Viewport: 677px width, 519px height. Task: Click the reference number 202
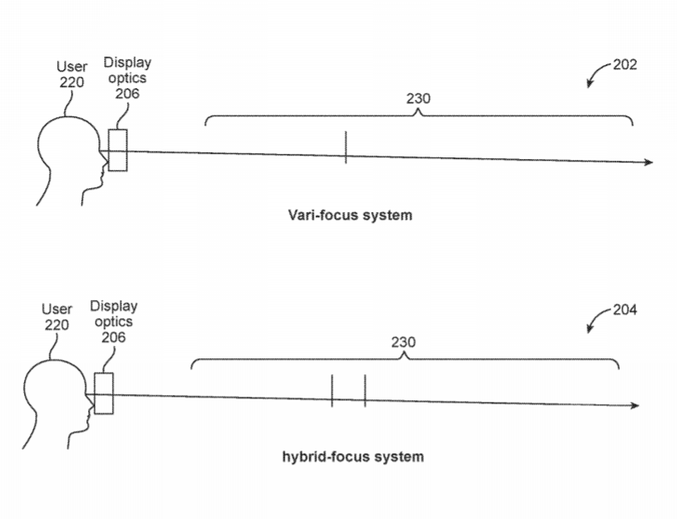(625, 65)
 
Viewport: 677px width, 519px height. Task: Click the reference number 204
(625, 310)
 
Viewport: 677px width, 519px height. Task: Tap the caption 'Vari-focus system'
(349, 215)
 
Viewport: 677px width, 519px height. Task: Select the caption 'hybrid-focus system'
(352, 457)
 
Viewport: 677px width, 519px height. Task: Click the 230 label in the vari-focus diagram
(418, 98)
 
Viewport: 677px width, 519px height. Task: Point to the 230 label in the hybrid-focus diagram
(403, 342)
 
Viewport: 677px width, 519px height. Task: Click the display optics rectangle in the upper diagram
(118, 150)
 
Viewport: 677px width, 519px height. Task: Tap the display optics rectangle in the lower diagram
(104, 393)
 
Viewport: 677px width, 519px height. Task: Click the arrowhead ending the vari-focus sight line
(649, 162)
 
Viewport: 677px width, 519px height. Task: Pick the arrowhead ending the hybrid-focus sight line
(634, 406)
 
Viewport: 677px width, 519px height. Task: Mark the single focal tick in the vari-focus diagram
(345, 147)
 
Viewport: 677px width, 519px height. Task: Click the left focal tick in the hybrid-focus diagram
(332, 391)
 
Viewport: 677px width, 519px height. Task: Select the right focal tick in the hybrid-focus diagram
(364, 391)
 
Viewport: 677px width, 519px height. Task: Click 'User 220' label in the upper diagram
(72, 74)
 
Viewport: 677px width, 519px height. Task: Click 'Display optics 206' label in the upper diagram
(127, 78)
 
